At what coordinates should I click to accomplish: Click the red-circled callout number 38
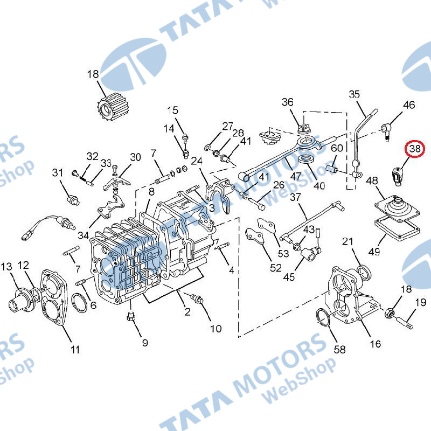click(415, 149)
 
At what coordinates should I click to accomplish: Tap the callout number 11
click(75, 350)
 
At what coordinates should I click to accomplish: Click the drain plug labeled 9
click(131, 317)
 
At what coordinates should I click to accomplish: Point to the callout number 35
click(354, 94)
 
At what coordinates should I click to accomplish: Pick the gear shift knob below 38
click(397, 176)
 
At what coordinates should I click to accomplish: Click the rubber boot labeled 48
click(398, 208)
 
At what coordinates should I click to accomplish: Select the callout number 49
click(374, 252)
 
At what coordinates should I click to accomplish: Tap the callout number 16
click(375, 344)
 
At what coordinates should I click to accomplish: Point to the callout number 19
click(421, 302)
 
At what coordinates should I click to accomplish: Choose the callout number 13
click(6, 266)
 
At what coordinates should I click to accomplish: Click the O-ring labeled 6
click(79, 302)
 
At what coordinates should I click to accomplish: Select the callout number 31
click(58, 172)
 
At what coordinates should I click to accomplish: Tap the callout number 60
click(337, 148)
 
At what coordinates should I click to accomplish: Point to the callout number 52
click(276, 268)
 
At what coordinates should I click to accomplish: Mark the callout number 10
click(216, 329)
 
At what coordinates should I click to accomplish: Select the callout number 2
click(187, 312)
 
